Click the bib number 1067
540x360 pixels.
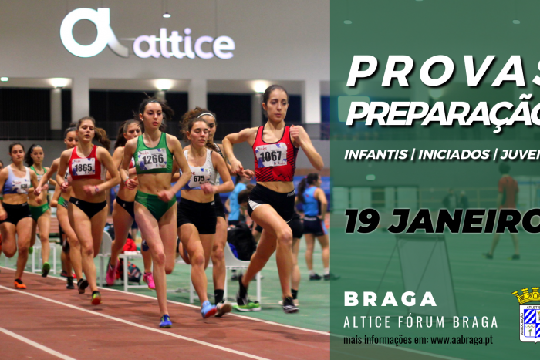coord(272,154)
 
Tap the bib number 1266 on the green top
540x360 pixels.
coord(152,159)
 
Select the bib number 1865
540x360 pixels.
coord(84,167)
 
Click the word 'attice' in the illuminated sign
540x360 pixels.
coord(184,46)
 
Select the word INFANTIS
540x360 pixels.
coord(376,154)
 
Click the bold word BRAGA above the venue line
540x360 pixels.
coord(390,299)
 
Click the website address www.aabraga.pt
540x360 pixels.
coord(463,339)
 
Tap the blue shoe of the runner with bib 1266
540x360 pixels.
coord(165,321)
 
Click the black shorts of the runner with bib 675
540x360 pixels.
coord(197,215)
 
